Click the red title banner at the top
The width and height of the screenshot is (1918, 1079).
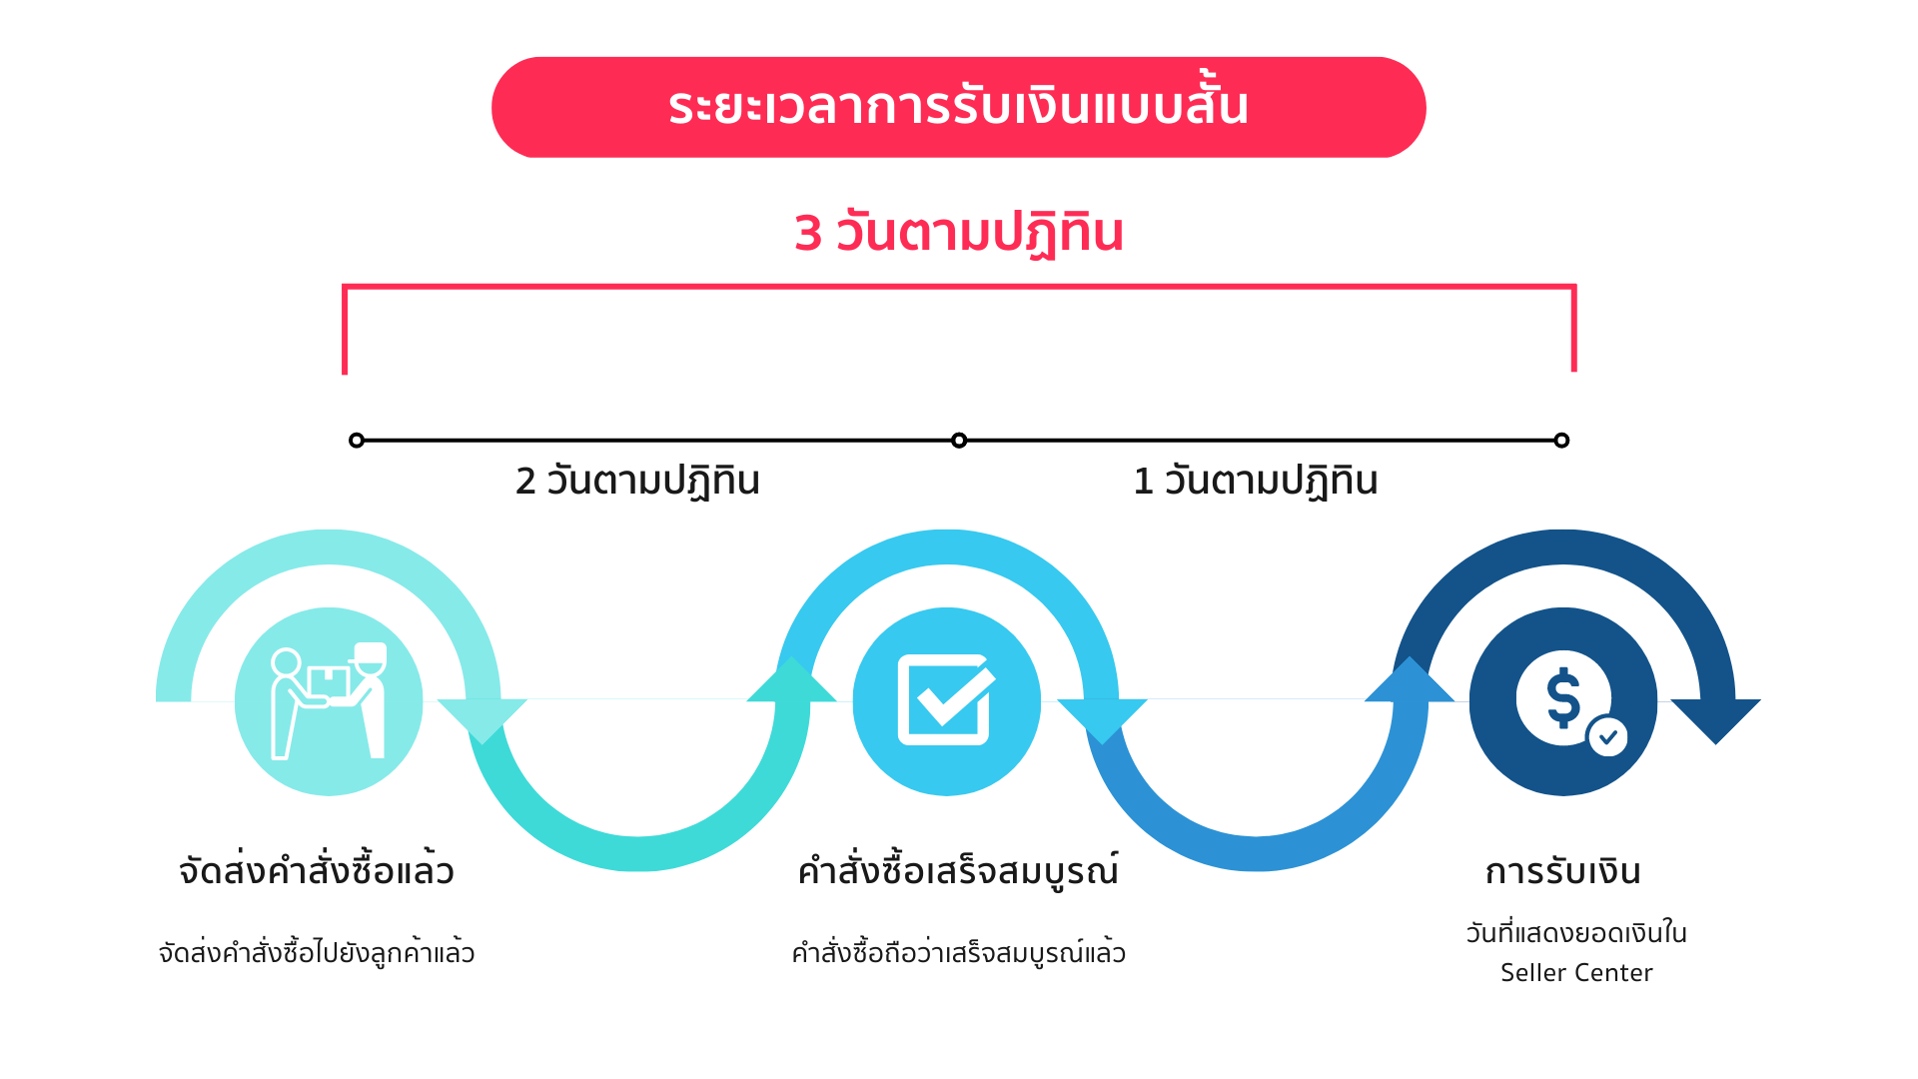958,107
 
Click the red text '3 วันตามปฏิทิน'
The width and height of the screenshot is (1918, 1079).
959,233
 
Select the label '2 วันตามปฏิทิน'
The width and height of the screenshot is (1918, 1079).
637,481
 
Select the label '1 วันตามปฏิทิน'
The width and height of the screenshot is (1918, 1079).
1256,481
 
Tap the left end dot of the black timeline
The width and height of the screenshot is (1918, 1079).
357,440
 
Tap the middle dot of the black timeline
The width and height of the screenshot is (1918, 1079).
959,440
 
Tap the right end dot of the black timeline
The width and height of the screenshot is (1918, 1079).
1561,440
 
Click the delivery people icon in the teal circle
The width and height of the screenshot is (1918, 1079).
329,701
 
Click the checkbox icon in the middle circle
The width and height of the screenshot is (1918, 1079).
945,699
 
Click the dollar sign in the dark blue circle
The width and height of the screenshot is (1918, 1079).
1562,696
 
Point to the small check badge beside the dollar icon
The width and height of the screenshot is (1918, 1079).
1607,737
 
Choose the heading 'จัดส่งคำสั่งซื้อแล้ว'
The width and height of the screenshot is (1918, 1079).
317,871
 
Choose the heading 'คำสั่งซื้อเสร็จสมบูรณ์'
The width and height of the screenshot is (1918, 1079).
958,871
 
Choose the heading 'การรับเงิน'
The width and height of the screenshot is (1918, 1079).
1562,871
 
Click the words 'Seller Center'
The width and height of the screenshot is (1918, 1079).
1576,973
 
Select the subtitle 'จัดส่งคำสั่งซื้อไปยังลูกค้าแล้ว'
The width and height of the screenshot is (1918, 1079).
317,952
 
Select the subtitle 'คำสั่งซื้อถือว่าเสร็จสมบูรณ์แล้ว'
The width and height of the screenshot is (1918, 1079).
958,952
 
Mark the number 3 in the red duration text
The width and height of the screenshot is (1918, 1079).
807,234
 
